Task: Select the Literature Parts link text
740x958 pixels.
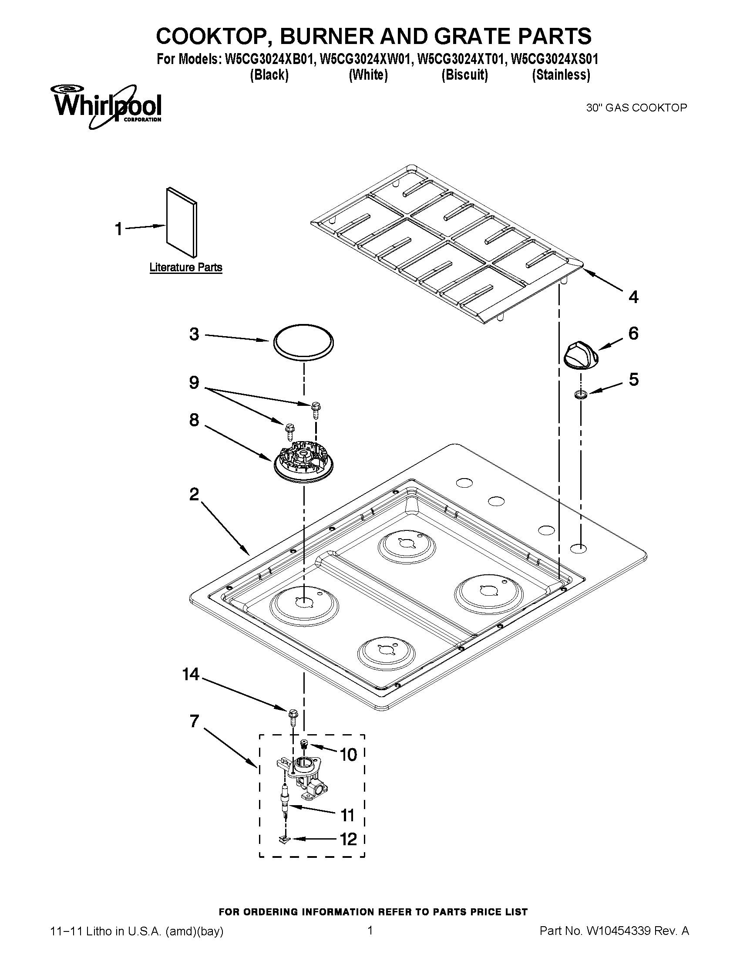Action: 185,267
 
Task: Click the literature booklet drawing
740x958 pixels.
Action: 182,223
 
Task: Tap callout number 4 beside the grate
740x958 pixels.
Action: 633,297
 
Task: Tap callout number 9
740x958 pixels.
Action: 194,382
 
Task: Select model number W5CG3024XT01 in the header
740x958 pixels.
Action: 460,59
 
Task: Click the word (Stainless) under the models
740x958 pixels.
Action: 561,75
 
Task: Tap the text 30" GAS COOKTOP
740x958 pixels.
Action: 636,108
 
